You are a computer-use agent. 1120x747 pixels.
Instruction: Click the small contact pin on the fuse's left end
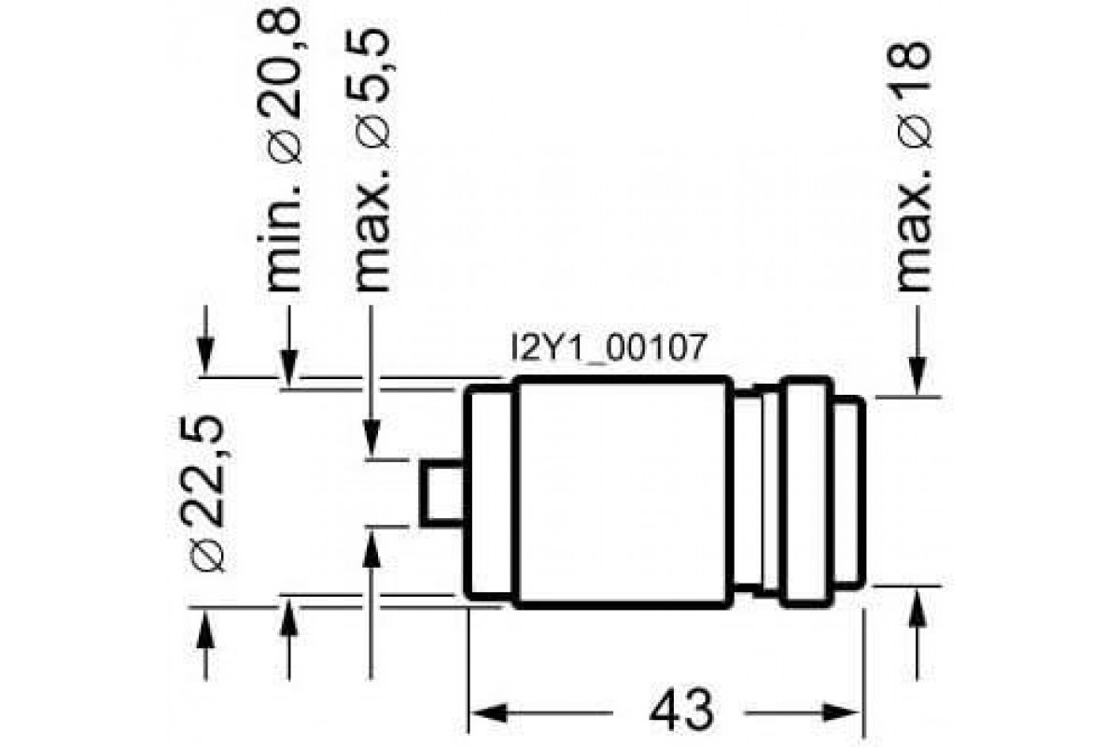coord(441,493)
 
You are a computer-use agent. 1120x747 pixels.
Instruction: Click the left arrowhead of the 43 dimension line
coord(481,712)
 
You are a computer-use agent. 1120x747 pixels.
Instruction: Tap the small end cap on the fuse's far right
coord(847,493)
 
